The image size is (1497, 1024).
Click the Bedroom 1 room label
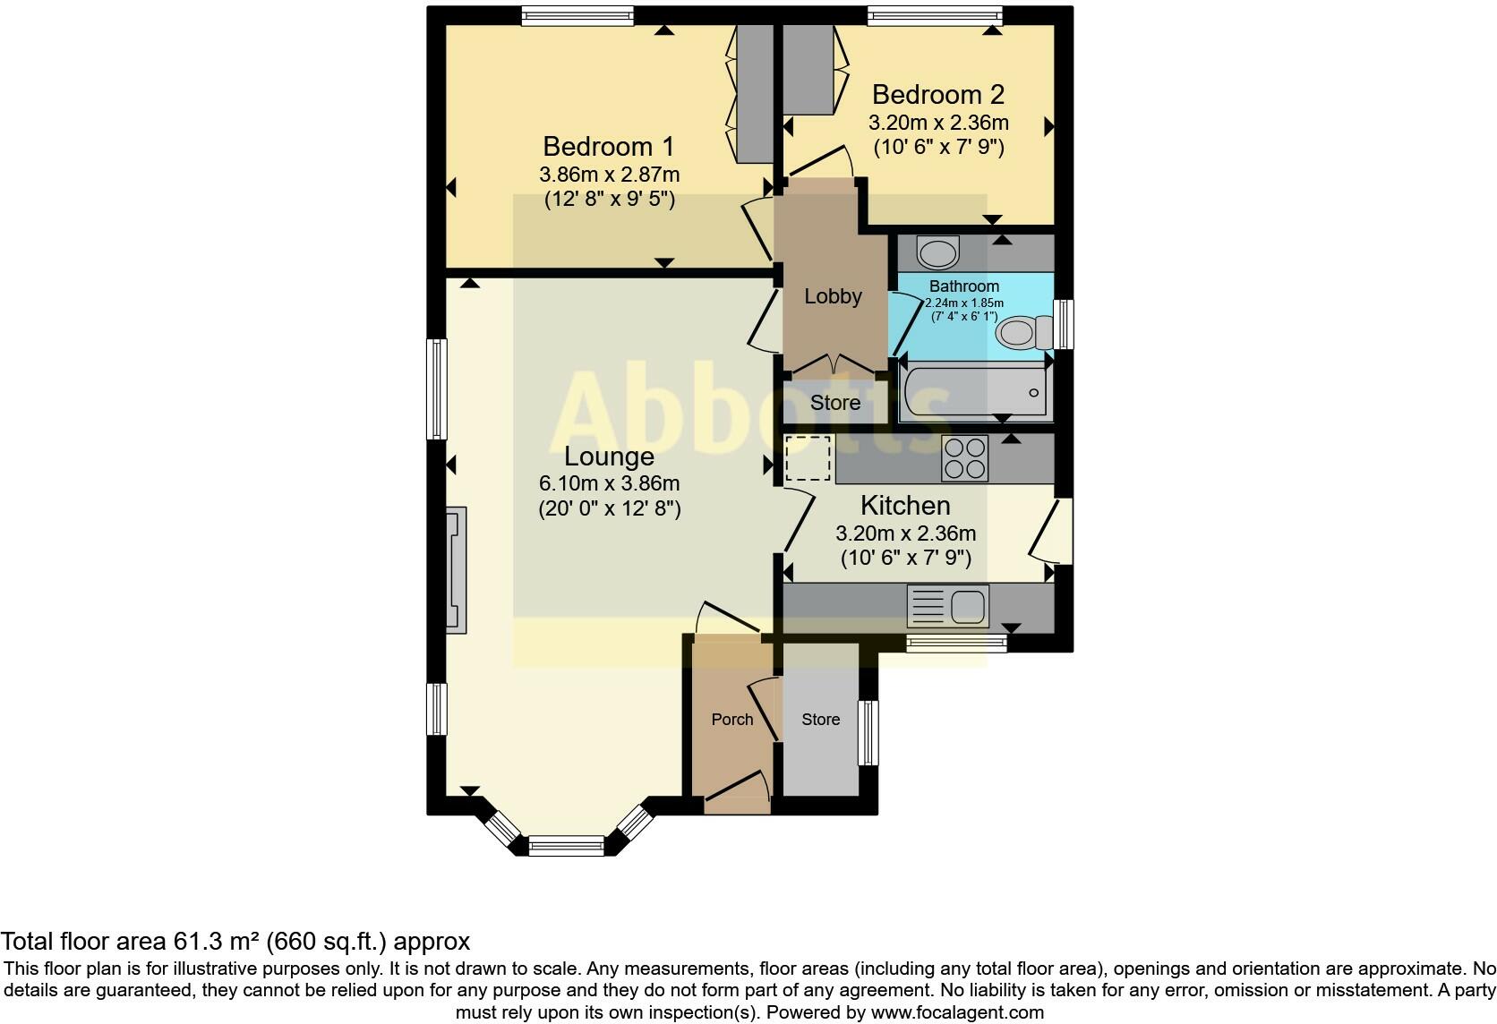click(x=609, y=146)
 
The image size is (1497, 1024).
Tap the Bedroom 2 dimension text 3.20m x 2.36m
click(x=938, y=123)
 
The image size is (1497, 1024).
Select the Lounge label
click(x=609, y=457)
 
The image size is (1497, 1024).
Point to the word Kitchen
click(x=905, y=505)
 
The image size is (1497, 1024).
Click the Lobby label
click(x=833, y=296)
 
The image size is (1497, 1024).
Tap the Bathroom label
click(x=963, y=286)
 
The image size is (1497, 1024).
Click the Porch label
click(x=731, y=720)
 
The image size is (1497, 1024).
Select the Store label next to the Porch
click(x=820, y=720)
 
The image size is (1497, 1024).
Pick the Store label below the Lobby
click(x=834, y=403)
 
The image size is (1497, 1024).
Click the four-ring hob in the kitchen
click(x=965, y=458)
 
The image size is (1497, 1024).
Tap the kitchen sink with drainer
click(x=948, y=606)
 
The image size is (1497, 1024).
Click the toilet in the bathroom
click(x=1025, y=333)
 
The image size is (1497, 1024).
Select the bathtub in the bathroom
click(x=975, y=392)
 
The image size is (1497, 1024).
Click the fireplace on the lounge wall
click(x=456, y=570)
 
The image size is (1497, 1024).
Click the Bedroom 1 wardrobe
click(x=754, y=93)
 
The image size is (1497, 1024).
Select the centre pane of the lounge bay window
click(x=566, y=845)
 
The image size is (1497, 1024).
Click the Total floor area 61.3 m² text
click(x=235, y=942)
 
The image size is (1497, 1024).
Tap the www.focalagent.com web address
click(x=957, y=1013)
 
